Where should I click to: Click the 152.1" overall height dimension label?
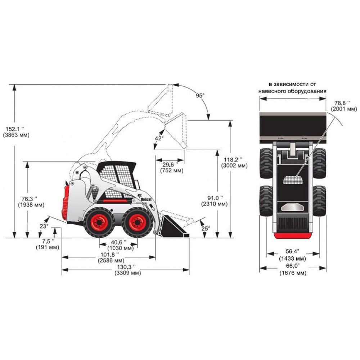click(16, 132)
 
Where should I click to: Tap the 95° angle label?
click(200, 95)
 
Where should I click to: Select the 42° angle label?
click(159, 138)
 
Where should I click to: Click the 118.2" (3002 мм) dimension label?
click(234, 162)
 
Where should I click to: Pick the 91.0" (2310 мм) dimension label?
click(214, 201)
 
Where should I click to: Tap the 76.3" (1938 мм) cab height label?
click(31, 202)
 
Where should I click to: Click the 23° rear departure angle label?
click(44, 226)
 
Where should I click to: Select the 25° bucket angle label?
click(206, 228)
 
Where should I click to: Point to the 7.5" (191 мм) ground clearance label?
click(47, 244)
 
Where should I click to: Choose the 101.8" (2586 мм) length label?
click(111, 257)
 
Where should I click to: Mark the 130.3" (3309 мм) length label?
click(127, 270)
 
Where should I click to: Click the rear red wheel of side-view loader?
click(99, 222)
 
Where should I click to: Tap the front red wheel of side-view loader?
click(138, 222)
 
